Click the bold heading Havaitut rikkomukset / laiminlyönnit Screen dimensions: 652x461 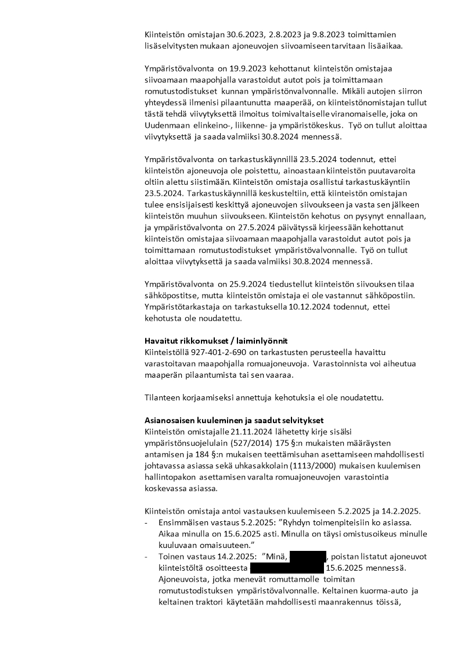[216, 341]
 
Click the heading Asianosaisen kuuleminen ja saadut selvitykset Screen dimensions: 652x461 [234, 420]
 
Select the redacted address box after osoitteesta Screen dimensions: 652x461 [287, 566]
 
